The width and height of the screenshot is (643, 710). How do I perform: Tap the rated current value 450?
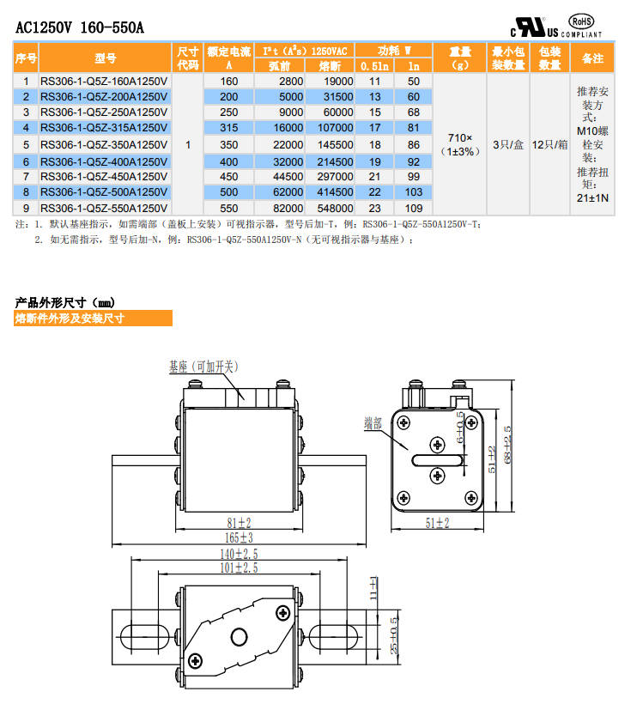click(x=228, y=176)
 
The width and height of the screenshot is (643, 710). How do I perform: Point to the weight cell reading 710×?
click(x=461, y=137)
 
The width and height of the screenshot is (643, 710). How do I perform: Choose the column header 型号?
click(x=105, y=58)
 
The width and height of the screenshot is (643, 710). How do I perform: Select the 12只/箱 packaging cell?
click(x=549, y=144)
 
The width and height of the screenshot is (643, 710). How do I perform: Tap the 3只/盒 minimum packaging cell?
click(x=508, y=144)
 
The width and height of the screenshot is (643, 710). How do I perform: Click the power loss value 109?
click(x=414, y=208)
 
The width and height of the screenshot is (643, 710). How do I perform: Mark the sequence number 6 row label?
click(x=27, y=161)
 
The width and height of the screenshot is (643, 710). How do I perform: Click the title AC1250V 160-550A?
click(x=80, y=27)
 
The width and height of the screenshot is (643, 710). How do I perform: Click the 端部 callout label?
click(x=373, y=422)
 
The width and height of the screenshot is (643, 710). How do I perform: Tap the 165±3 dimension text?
click(x=240, y=537)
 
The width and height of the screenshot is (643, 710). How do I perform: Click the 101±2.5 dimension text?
click(x=240, y=567)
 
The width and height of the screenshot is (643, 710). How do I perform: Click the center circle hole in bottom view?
click(x=239, y=636)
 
